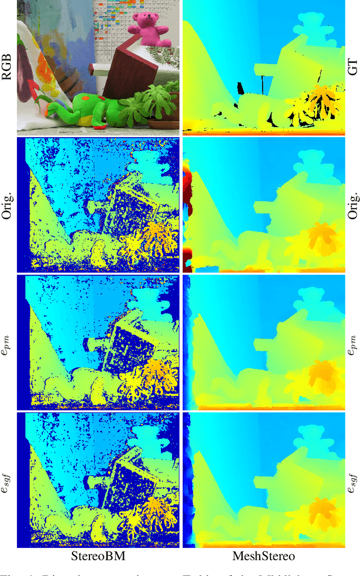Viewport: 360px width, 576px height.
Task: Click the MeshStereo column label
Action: pos(264,557)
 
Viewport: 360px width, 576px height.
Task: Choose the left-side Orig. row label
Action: pos(7,206)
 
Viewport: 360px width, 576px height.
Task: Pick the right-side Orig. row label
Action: pos(353,206)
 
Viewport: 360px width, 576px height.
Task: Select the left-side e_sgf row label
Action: pos(7,481)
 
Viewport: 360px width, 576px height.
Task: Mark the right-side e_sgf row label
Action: pos(353,481)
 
